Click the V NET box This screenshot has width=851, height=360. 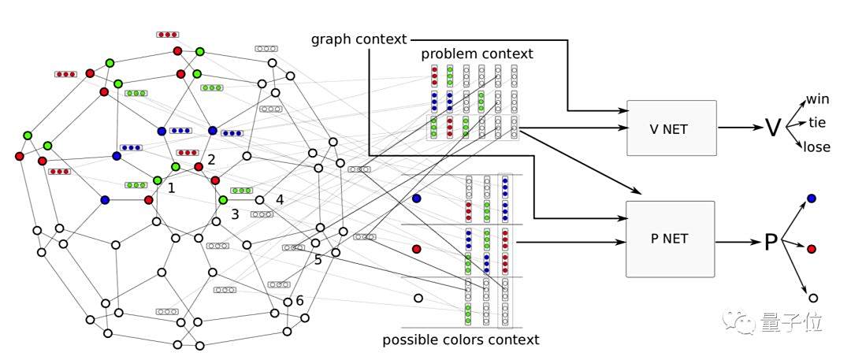pos(671,128)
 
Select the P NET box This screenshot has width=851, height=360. pos(671,239)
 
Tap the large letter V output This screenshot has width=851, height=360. pos(773,128)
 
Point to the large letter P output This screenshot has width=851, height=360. pos(771,242)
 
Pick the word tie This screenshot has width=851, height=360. pos(816,123)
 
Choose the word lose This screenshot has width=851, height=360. pos(816,147)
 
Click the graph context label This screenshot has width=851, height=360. pos(359,39)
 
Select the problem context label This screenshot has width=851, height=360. pos(477,54)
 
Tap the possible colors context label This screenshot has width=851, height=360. pos(461,340)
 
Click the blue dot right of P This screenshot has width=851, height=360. pos(812,199)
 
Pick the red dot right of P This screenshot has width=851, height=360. pos(812,249)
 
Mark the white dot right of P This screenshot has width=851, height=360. pos(812,299)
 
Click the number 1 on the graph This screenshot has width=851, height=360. pos(171,189)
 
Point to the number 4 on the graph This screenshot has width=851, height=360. pos(280,199)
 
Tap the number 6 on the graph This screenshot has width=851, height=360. pos(299,300)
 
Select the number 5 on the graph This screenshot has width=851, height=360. pos(318,258)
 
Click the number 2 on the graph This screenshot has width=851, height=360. pos(211,160)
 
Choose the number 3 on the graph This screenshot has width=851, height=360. pos(235,213)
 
